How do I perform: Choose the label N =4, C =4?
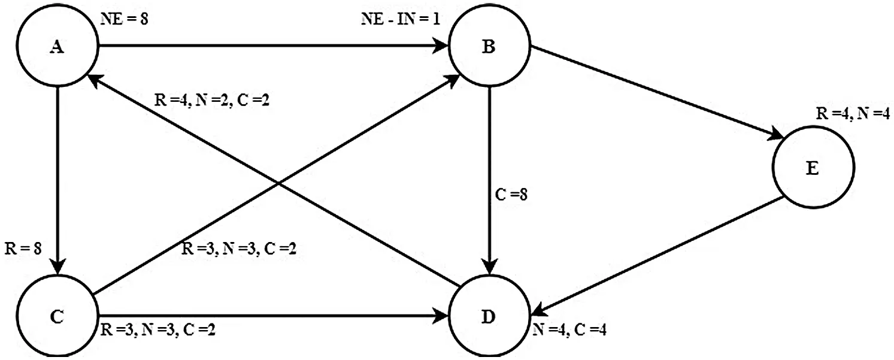[569, 331]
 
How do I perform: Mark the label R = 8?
[23, 248]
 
